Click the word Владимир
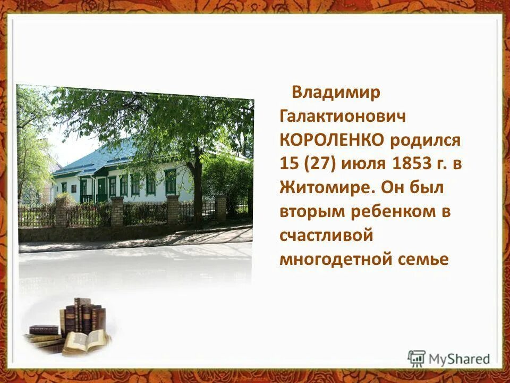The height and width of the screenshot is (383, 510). pos(336,93)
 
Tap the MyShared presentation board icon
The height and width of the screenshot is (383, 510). pos(416,358)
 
